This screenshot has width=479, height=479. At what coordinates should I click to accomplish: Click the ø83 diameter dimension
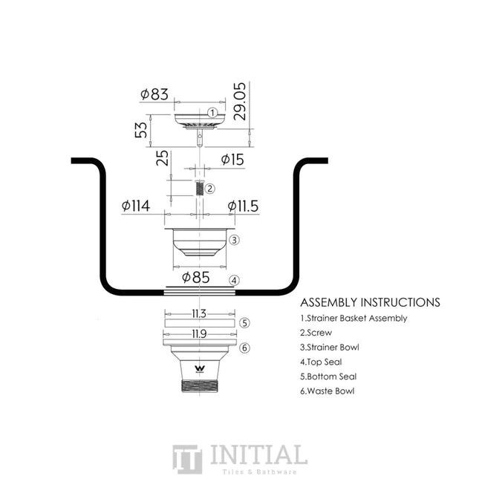154,94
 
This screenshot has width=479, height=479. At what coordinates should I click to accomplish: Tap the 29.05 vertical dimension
239,102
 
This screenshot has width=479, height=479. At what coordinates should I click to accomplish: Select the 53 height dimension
141,130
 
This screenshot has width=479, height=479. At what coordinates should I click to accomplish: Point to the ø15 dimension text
232,160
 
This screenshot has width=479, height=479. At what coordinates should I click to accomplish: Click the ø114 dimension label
136,206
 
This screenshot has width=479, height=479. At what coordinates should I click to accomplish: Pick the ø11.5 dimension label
243,206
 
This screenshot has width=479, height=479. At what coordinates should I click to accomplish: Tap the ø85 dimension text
196,278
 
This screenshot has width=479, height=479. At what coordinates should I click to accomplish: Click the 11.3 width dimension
199,313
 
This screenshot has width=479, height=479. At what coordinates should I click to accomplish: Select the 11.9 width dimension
199,334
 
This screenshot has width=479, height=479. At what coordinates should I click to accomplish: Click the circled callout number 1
212,113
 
